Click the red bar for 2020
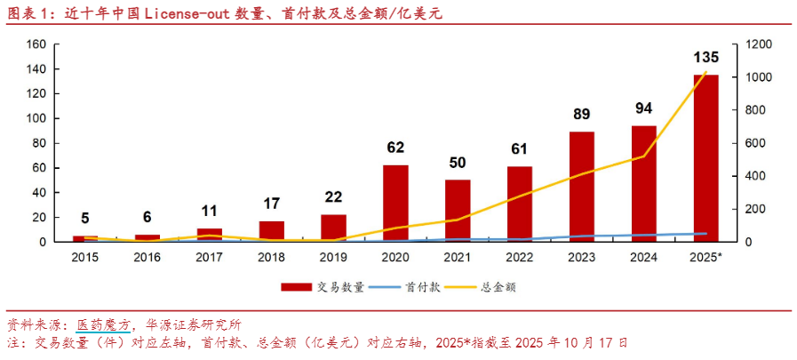pos(395,203)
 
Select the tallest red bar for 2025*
pos(706,158)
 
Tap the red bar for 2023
pos(582,187)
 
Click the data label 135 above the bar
pos(706,58)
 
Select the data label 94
pos(644,108)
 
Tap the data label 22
pos(333,196)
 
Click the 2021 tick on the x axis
pos(458,256)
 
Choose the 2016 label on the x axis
pos(147,256)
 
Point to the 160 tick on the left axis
pos(36,44)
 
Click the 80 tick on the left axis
pos(40,143)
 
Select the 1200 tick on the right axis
pos(757,44)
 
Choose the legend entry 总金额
pos(499,287)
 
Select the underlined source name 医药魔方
pos(103,324)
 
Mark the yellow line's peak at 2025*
pos(706,72)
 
